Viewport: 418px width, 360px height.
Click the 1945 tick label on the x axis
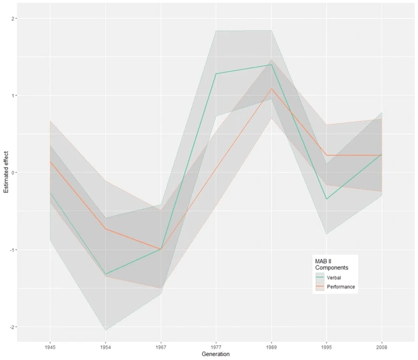click(x=50, y=348)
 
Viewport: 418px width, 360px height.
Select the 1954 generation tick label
click(x=105, y=348)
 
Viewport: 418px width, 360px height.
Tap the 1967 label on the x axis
click(x=161, y=348)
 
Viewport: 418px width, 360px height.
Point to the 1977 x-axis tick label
click(x=216, y=348)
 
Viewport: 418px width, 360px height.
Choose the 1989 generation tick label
click(x=271, y=348)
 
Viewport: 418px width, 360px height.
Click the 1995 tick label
click(x=326, y=348)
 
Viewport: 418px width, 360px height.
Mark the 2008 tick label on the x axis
click(x=382, y=348)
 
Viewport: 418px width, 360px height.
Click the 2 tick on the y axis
click(x=12, y=18)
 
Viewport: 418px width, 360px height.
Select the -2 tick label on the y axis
click(x=12, y=327)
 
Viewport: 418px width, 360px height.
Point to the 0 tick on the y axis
click(x=12, y=172)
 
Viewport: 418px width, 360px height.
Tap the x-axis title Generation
click(x=215, y=354)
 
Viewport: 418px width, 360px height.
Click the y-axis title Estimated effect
click(x=6, y=172)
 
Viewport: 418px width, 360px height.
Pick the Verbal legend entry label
click(x=334, y=277)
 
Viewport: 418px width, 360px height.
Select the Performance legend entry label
click(x=341, y=287)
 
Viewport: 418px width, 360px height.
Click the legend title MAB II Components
click(x=332, y=264)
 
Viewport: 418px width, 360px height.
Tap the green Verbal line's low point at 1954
click(x=106, y=274)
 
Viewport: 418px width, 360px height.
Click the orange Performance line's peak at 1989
click(x=271, y=88)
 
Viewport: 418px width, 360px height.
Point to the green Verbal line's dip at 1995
click(x=326, y=199)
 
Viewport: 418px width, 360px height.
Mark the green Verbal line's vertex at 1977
click(x=216, y=73)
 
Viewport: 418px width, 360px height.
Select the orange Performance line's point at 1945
click(x=50, y=161)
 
